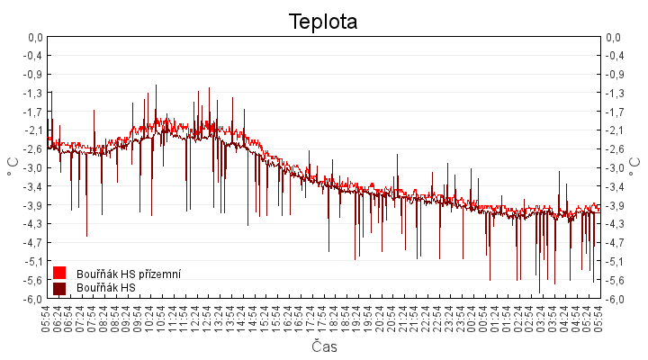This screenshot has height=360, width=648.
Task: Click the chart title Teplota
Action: tap(323, 22)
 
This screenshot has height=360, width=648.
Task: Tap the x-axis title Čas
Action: tap(324, 346)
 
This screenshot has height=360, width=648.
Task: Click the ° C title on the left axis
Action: tap(13, 167)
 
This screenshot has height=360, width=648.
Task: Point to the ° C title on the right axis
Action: tap(634, 167)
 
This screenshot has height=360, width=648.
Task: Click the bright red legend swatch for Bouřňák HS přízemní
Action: tap(59, 273)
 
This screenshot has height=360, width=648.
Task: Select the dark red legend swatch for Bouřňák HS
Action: tap(59, 288)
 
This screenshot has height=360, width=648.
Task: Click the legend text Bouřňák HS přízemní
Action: tap(129, 273)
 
